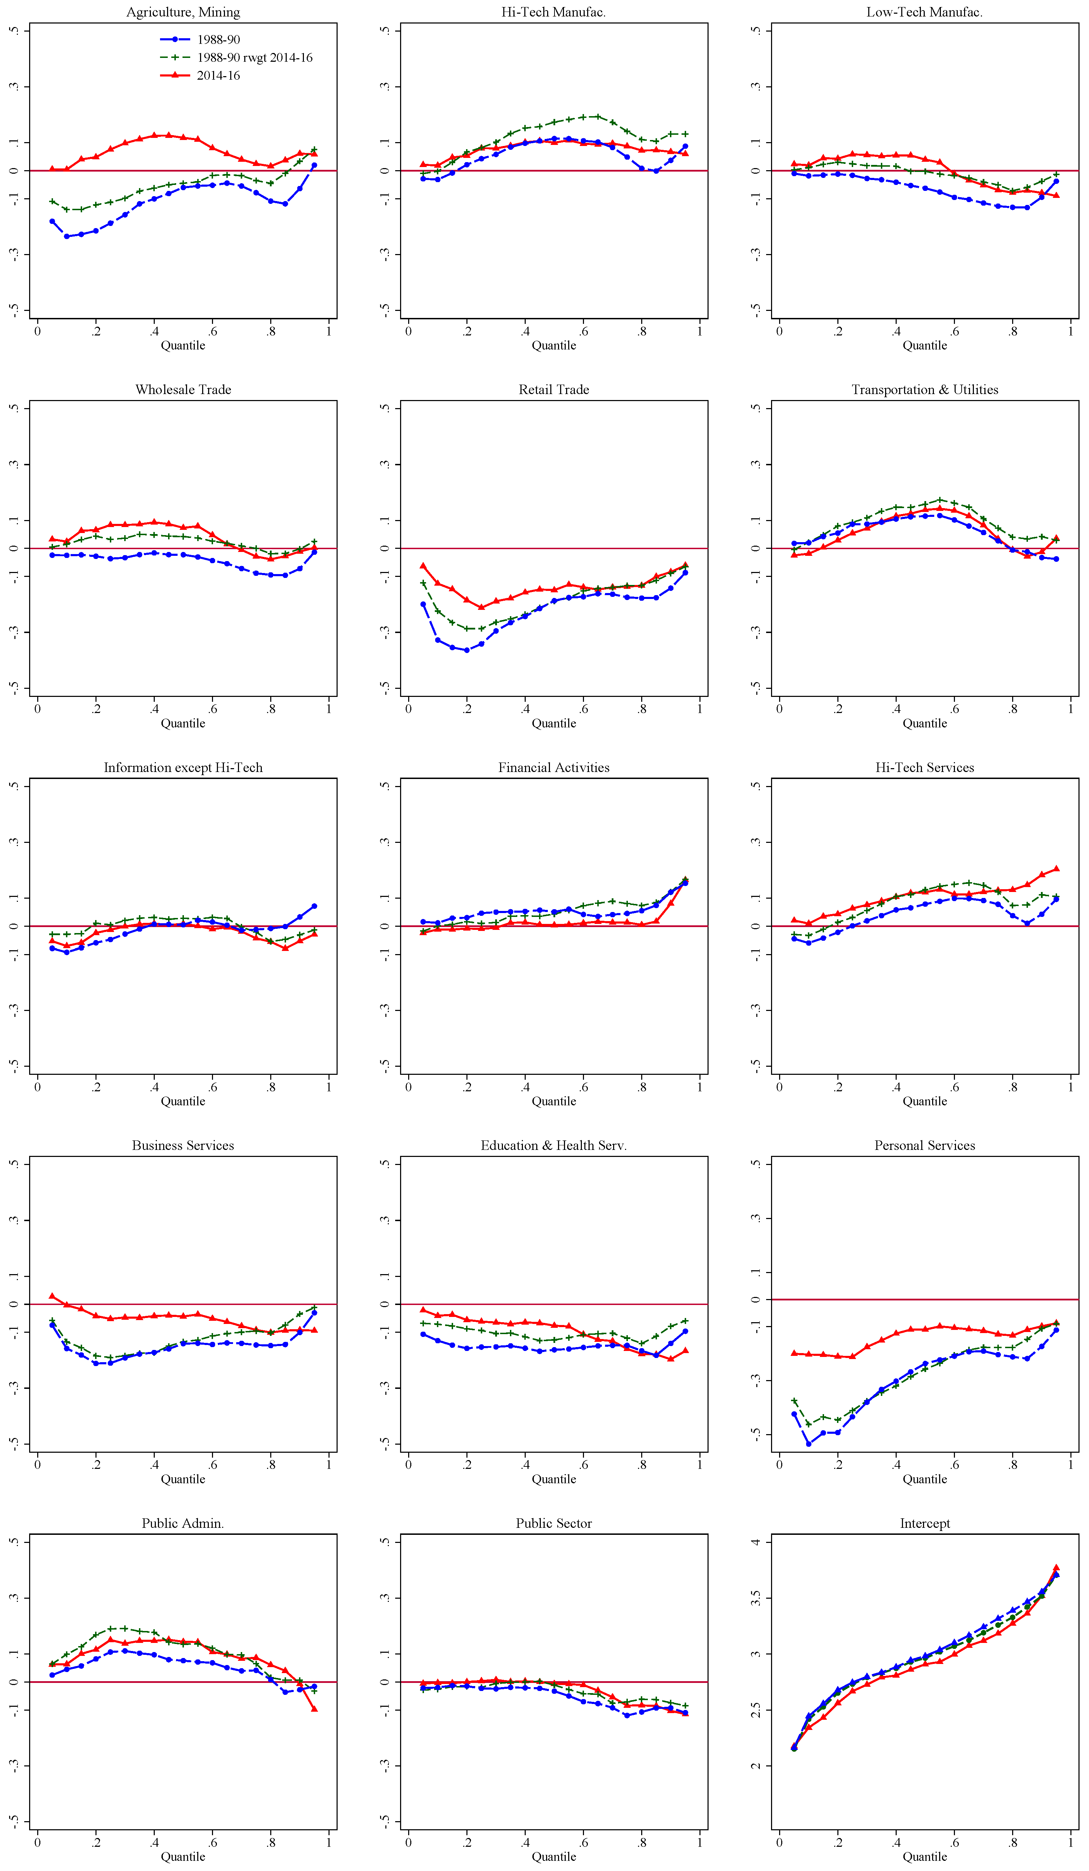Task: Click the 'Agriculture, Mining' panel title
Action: click(183, 12)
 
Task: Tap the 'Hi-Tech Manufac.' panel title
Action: click(554, 12)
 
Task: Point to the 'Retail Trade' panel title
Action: click(554, 390)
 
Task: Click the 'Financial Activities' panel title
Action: click(554, 768)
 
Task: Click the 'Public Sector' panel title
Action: click(554, 1524)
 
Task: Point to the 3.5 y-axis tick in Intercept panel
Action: click(756, 1598)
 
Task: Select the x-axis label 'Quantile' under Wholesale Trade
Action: click(183, 723)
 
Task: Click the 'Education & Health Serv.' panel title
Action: click(554, 1146)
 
